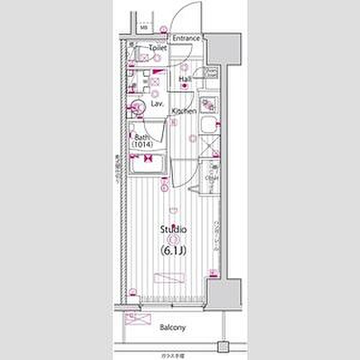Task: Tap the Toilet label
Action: pyautogui.click(x=141, y=47)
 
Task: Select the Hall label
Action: pyautogui.click(x=185, y=79)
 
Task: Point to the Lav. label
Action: pyautogui.click(x=158, y=104)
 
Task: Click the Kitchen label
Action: pyautogui.click(x=184, y=112)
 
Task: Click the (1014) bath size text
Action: pyautogui.click(x=143, y=145)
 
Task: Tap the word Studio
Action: pyautogui.click(x=173, y=230)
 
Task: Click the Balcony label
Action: pyautogui.click(x=172, y=328)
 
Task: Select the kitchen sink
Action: pyautogui.click(x=210, y=127)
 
